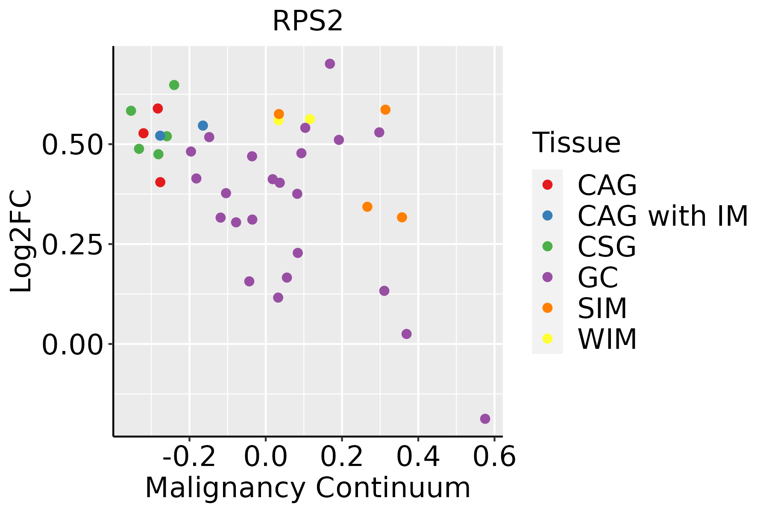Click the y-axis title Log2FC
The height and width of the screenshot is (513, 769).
[21, 242]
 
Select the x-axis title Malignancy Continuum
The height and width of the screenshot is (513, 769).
[308, 488]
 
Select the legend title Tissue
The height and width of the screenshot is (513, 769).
[576, 143]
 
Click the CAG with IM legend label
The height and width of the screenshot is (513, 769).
[663, 216]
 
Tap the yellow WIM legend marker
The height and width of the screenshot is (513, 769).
[547, 339]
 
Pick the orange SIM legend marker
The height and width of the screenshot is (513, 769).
[547, 308]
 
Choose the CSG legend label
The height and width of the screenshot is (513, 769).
[607, 247]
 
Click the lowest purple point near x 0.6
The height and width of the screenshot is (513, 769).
[485, 419]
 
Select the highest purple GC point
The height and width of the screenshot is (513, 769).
[330, 64]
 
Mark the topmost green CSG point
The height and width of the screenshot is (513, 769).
[174, 85]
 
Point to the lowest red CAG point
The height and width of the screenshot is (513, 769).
[160, 182]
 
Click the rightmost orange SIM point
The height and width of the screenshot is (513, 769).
[402, 217]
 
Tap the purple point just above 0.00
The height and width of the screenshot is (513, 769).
[407, 334]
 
